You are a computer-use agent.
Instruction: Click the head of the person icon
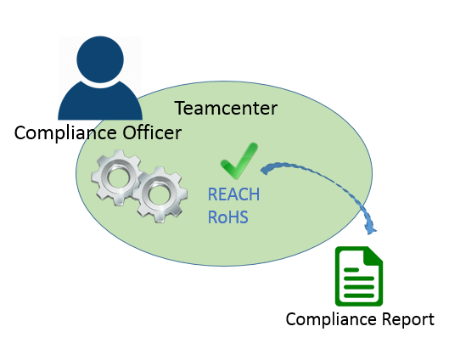pos(100,59)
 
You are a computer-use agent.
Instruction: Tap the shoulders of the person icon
pos(100,102)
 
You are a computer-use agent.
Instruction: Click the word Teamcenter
pos(226,109)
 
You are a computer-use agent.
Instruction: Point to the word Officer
pos(152,132)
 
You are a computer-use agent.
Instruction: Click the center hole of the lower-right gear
pos(160,195)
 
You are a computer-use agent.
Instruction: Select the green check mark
pos(239,161)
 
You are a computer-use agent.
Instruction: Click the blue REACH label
pos(233,194)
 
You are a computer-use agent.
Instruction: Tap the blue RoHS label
pos(228,217)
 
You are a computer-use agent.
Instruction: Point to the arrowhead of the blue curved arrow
pos(371,230)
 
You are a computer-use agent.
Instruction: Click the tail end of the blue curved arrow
pos(263,171)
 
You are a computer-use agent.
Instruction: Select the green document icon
pos(359,277)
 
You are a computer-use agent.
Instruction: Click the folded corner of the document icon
pos(373,256)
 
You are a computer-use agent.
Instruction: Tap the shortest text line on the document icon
pos(351,270)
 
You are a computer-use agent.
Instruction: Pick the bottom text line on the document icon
pos(359,295)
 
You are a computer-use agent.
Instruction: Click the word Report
pos(408,319)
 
